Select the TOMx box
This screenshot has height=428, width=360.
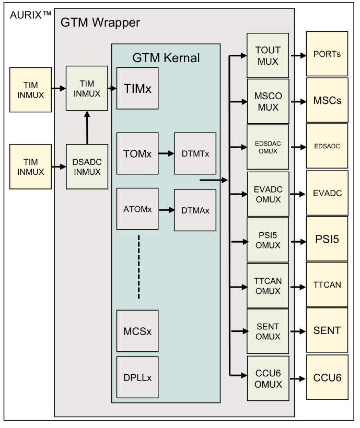(137, 153)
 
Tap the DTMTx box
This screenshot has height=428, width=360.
(195, 153)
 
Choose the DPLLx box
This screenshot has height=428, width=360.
(137, 376)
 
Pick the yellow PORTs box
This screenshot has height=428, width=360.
(327, 54)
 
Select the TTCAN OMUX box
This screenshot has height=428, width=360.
(268, 286)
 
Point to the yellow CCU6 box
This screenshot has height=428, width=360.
(327, 377)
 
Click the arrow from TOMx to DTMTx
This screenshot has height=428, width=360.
(166, 154)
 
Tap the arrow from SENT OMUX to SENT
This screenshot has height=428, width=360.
(297, 330)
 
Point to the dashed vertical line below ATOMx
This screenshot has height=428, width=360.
(138, 267)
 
